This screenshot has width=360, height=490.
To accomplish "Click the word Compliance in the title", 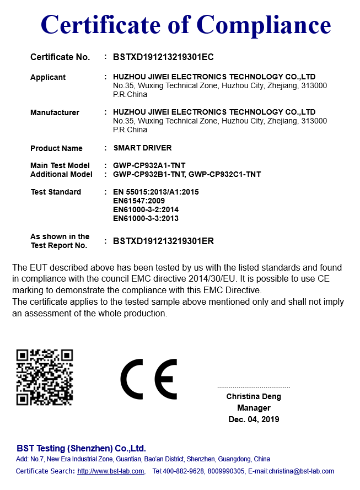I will [x=264, y=25].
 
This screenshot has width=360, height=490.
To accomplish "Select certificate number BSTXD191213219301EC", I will [x=163, y=57].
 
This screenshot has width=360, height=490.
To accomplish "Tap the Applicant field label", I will [x=48, y=77].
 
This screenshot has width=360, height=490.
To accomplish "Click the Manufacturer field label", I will [x=55, y=112].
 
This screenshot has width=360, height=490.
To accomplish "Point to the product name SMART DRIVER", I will [x=142, y=148].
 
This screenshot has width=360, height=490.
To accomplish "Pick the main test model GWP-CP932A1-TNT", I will [x=148, y=165].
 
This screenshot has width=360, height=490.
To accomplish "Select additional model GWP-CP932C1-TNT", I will [x=225, y=174].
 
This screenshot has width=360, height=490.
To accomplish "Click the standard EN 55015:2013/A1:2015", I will [x=155, y=192].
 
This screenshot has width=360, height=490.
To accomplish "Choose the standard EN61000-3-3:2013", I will [x=146, y=218].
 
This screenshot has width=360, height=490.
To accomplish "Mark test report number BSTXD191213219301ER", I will [x=163, y=241].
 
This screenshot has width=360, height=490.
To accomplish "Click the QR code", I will [x=45, y=377].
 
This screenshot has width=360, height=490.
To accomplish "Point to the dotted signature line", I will [x=254, y=387].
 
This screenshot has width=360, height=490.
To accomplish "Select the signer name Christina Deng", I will [x=254, y=396].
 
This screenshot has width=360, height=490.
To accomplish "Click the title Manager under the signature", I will [x=254, y=408].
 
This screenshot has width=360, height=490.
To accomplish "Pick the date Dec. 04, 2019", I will [x=254, y=419].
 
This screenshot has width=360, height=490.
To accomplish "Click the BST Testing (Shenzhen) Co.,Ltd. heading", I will [x=81, y=448].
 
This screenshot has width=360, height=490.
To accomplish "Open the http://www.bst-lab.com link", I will [x=111, y=471].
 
